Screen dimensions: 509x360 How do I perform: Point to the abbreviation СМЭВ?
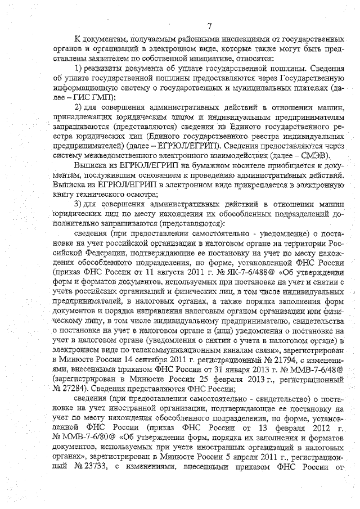pyautogui.click(x=317, y=155)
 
